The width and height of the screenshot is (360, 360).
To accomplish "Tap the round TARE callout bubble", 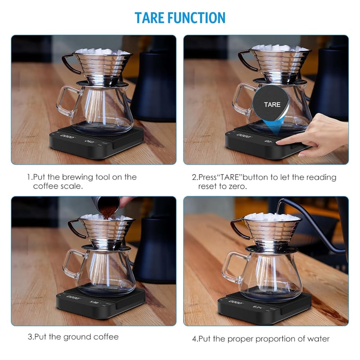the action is click(271, 104).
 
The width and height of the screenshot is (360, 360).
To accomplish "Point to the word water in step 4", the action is click(318, 339).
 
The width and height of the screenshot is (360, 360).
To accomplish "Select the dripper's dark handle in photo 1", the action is click(69, 63).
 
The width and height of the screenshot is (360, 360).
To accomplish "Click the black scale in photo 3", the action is click(101, 302).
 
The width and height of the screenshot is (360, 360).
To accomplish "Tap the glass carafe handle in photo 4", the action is click(231, 267).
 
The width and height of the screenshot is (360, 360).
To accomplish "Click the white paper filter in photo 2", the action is click(280, 48).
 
